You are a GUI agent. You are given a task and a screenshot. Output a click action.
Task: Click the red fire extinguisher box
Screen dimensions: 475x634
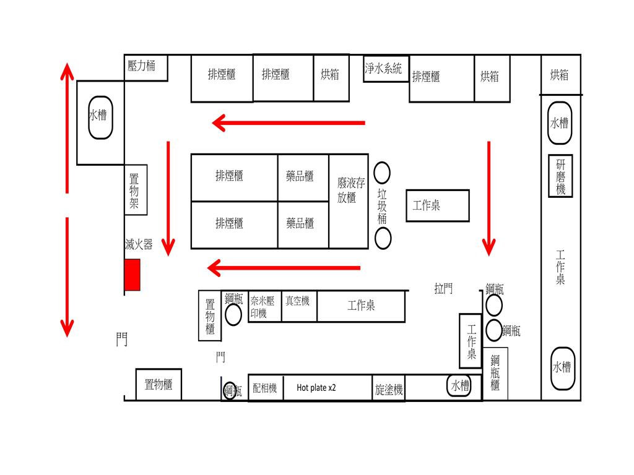tap(132, 275)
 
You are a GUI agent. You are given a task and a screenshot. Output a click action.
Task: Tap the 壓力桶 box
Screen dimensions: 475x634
tap(146, 67)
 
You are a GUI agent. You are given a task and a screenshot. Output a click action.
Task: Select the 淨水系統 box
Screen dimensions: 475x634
tap(384, 69)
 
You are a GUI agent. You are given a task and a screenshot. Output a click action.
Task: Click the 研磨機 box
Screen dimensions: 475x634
tap(560, 176)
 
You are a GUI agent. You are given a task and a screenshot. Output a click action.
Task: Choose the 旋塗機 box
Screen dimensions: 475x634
tap(389, 389)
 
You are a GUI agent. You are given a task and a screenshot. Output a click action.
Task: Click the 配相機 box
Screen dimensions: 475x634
tap(265, 388)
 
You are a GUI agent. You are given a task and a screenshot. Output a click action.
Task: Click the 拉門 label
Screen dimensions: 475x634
tap(443, 288)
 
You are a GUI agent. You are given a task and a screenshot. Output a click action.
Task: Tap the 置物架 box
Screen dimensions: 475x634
tap(136, 190)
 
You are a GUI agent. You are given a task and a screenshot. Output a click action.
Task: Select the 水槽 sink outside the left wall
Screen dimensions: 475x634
tap(100, 116)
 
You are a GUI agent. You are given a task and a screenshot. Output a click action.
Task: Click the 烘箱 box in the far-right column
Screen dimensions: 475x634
tap(560, 75)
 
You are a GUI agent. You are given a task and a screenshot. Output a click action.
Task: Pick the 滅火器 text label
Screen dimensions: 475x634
tap(139, 244)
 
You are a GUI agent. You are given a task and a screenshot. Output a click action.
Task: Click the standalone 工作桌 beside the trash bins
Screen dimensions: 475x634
tap(437, 205)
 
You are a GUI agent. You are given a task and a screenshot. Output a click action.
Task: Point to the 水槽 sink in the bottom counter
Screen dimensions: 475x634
tap(459, 386)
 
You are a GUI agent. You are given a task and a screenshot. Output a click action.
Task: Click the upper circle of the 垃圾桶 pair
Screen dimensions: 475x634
tap(382, 173)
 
